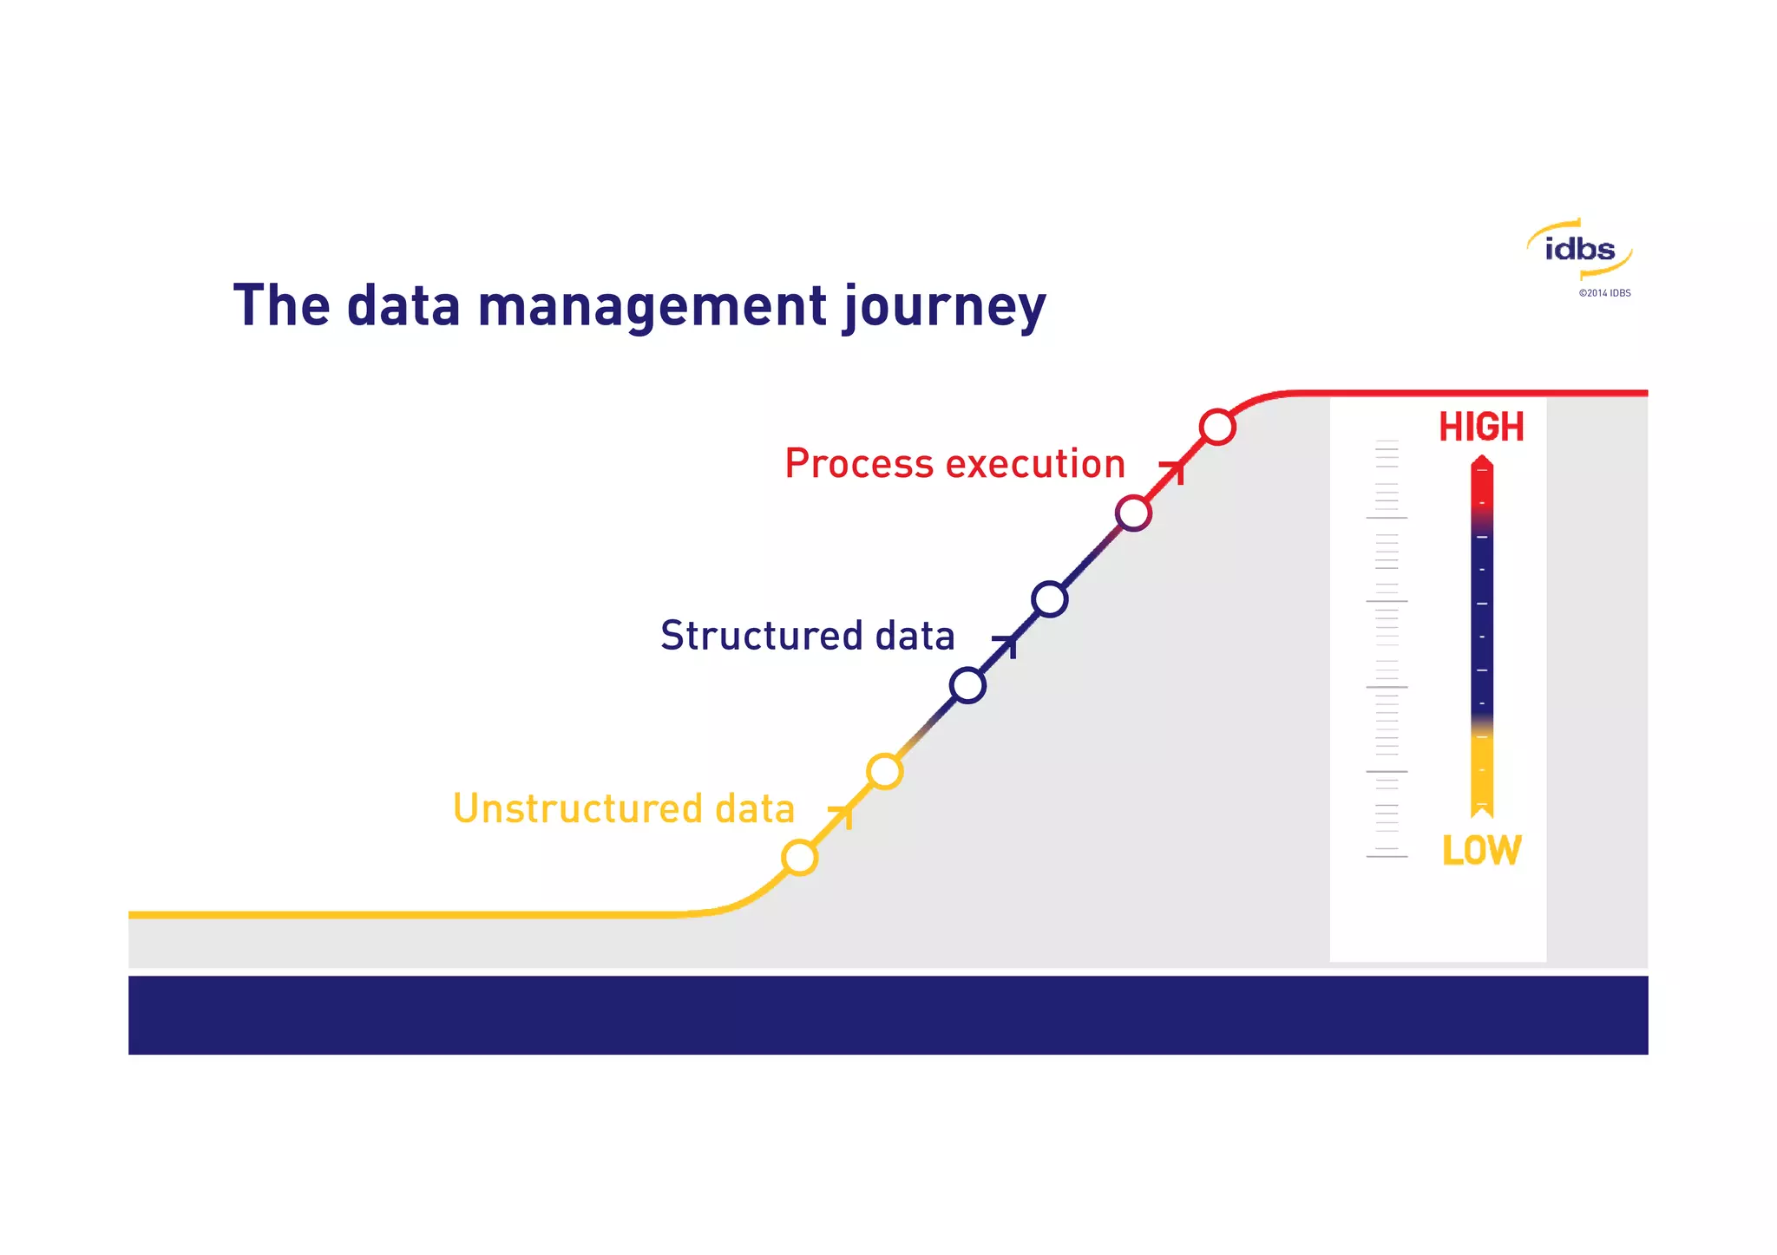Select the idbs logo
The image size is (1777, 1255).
pos(1579,250)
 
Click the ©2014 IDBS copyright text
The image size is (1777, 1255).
pos(1604,293)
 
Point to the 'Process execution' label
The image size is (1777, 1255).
pos(954,464)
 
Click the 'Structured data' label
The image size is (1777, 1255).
pos(807,636)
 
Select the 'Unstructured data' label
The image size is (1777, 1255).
pos(623,808)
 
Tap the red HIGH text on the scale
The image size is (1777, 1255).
pos(1481,427)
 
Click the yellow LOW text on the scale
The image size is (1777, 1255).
pos(1481,850)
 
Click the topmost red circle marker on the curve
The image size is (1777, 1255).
pos(1217,427)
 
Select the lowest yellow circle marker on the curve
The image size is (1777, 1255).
pos(799,858)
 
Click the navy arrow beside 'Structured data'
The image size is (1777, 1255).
pos(1007,644)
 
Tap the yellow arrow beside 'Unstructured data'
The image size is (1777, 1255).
pos(843,814)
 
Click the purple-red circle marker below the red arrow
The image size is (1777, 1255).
pos(1133,513)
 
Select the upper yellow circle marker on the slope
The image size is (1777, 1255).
pos(884,771)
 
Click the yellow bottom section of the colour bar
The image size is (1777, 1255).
pos(1482,772)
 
